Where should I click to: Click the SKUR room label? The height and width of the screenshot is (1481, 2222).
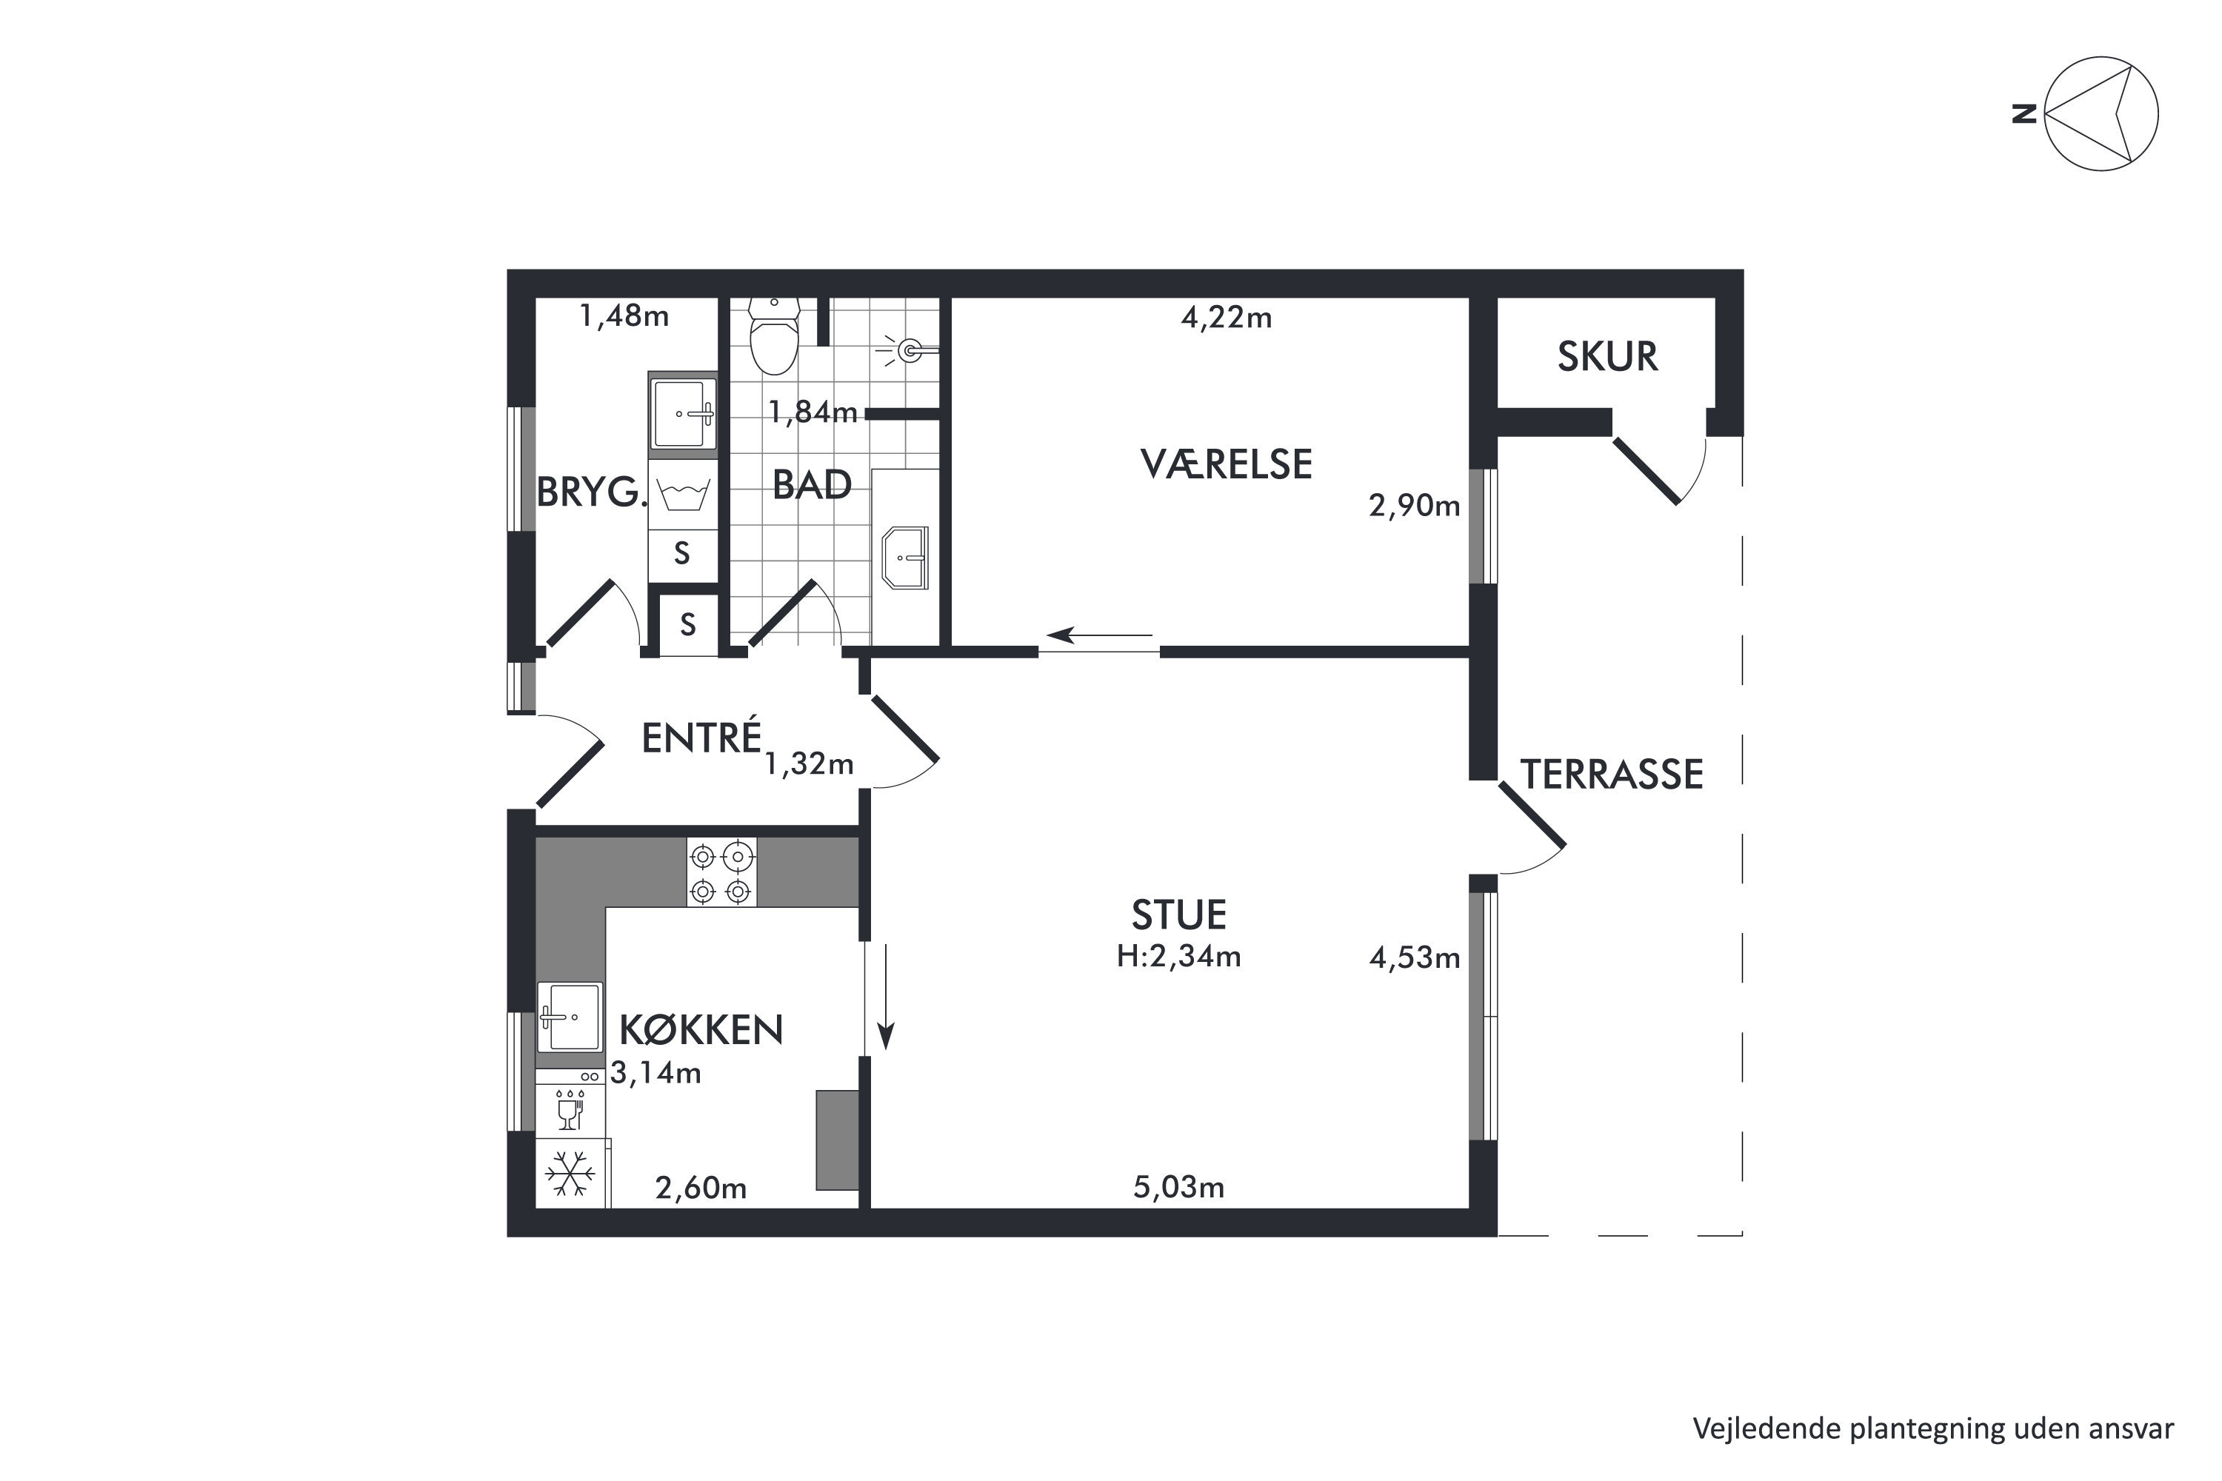(1607, 357)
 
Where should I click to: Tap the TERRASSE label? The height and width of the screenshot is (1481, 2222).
(1612, 775)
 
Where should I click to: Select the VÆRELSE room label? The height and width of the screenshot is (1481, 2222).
(1227, 465)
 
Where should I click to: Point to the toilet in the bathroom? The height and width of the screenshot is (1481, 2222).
(774, 336)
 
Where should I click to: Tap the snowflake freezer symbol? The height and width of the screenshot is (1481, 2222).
(570, 1174)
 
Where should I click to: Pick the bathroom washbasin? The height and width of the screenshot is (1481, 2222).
(905, 558)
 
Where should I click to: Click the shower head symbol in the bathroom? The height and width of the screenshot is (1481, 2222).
(909, 351)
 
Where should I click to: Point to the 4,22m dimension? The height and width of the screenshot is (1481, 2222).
(1227, 318)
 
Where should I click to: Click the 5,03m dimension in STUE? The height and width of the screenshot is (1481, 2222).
(1179, 1187)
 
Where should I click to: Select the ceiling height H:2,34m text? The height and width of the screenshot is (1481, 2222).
(1179, 957)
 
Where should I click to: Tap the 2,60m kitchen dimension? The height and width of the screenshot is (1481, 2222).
(701, 1189)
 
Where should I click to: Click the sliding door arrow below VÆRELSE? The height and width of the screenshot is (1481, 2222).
(1100, 635)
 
